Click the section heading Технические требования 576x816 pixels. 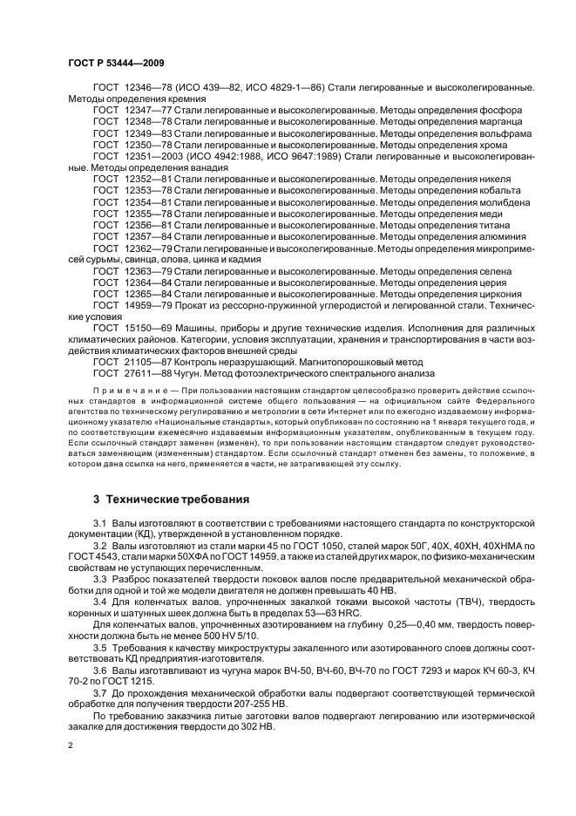[164, 500]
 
